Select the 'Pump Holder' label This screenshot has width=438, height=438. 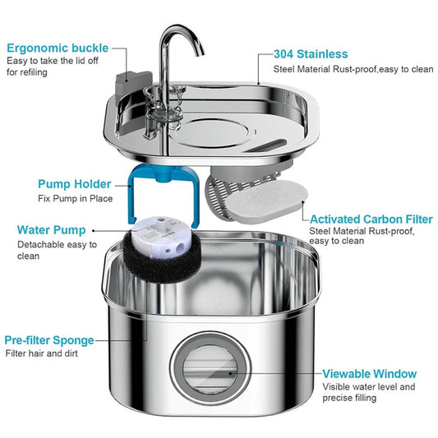[76, 184]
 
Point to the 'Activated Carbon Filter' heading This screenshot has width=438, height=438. [371, 219]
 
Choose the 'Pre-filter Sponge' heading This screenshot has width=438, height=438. [48, 339]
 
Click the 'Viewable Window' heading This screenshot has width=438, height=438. [369, 373]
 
